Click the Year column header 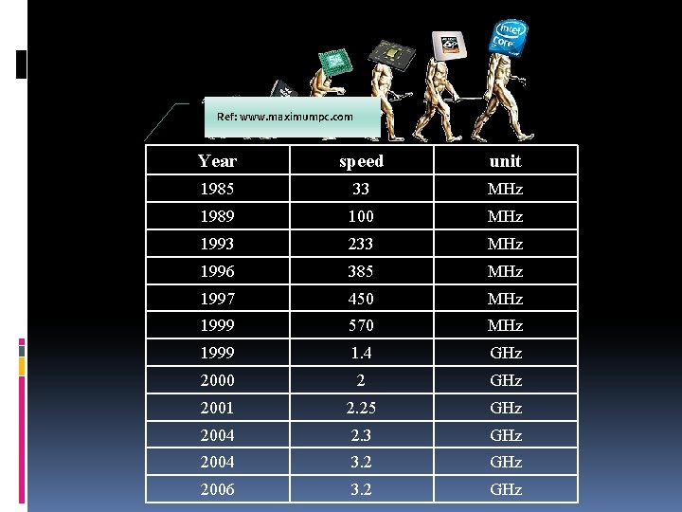217,161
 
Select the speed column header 361,161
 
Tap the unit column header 505,161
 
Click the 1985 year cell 217,189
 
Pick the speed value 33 361,189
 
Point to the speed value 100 361,216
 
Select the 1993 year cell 217,244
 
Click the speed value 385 361,271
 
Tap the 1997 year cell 217,299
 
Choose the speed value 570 361,325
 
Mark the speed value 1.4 361,353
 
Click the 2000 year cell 217,380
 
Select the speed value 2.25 361,408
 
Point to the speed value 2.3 361,435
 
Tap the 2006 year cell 217,489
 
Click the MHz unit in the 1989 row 505,216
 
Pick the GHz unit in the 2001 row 505,408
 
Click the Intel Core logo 507,36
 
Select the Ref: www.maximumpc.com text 285,117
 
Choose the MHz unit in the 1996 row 505,271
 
